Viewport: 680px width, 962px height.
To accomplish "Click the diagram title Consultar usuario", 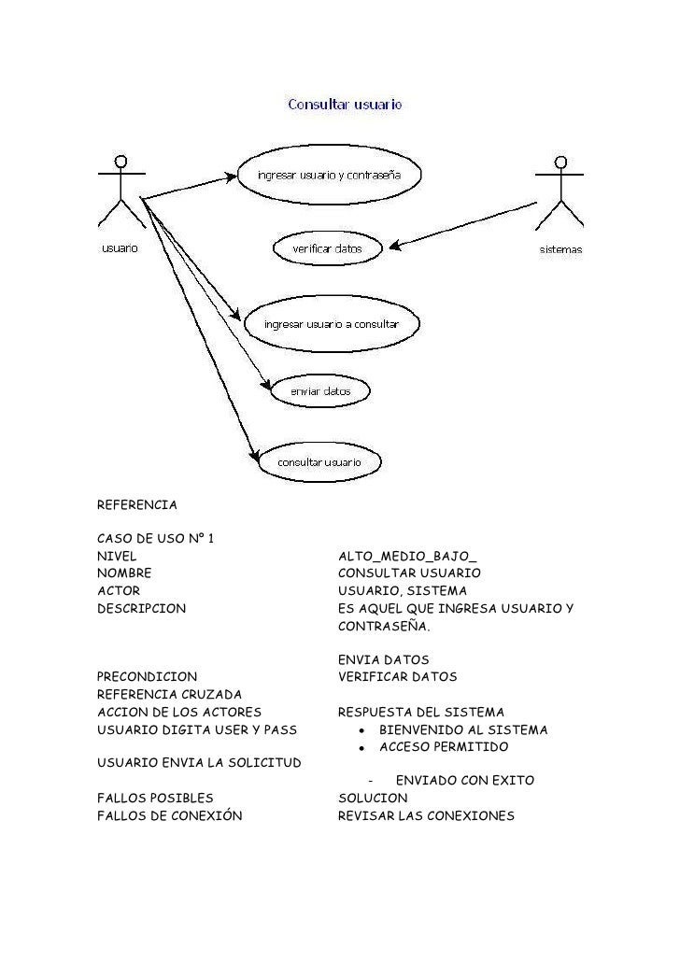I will point(345,106).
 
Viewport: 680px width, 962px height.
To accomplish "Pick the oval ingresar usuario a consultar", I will point(332,324).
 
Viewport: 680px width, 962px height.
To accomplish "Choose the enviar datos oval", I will point(319,391).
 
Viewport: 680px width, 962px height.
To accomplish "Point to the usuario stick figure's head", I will point(121,161).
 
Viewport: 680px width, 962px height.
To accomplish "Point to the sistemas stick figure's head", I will point(560,163).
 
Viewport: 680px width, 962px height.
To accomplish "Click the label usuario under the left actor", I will point(120,248).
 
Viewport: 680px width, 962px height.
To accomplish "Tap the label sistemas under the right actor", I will point(560,249).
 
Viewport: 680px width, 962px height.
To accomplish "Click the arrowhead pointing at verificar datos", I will point(395,247).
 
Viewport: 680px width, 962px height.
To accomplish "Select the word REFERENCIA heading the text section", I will point(136,505).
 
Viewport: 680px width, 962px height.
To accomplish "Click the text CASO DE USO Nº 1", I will point(156,538).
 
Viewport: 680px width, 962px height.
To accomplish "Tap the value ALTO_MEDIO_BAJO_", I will point(407,556).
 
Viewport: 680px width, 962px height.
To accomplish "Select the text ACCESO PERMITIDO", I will point(444,748).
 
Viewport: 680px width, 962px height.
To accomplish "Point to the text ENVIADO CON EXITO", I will point(465,780).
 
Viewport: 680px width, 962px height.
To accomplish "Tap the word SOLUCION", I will point(373,799).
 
